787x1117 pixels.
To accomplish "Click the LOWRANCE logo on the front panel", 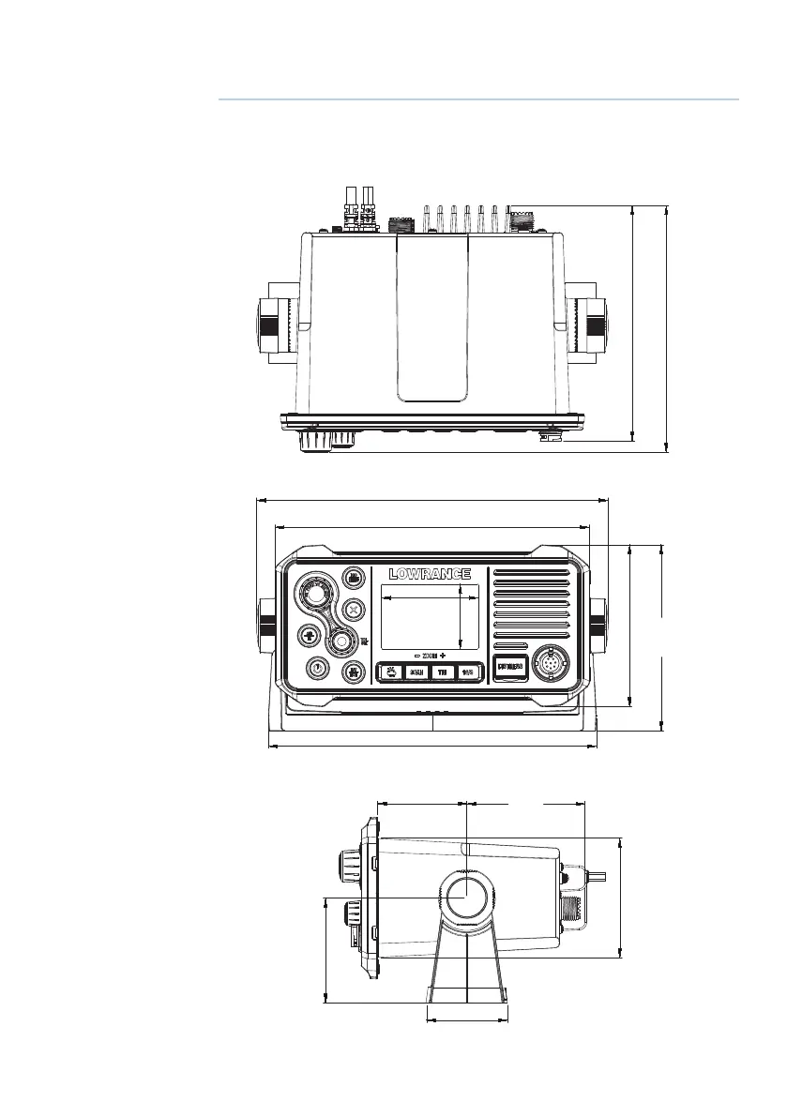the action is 430,573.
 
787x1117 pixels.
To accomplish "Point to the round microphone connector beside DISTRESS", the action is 551,666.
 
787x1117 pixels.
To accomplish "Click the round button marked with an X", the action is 353,609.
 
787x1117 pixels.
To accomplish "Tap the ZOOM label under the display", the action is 430,654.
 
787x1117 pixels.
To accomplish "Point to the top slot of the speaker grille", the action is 531,572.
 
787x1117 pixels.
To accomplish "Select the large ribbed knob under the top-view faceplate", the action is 315,440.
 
